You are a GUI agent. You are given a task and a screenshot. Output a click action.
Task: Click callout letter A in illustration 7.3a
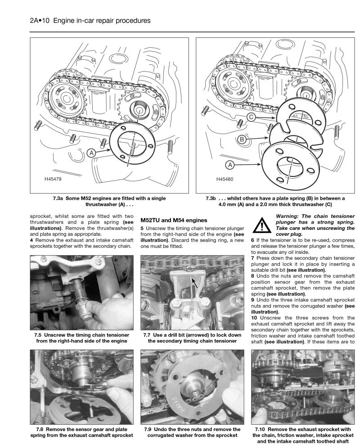[92, 153]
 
